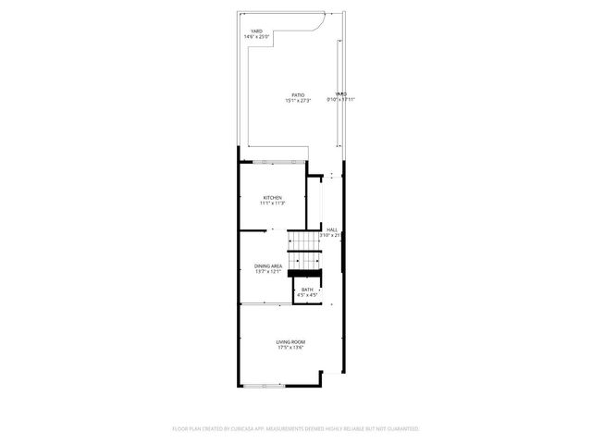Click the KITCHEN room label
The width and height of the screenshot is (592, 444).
click(x=272, y=197)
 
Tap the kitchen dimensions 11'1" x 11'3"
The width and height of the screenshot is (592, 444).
click(x=272, y=203)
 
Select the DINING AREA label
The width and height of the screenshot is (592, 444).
click(x=268, y=266)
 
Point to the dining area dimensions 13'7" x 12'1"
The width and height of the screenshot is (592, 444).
click(x=268, y=272)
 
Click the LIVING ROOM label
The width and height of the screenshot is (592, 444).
click(x=290, y=342)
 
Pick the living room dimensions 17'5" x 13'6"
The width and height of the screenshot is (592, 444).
click(x=290, y=348)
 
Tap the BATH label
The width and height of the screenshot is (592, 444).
click(x=307, y=290)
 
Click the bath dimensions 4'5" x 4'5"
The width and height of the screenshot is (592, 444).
click(x=307, y=295)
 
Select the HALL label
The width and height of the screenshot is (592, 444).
click(x=331, y=229)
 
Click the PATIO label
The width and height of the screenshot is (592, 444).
click(x=298, y=94)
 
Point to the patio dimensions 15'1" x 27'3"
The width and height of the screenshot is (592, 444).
click(x=298, y=100)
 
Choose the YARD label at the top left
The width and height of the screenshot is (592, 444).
click(x=256, y=31)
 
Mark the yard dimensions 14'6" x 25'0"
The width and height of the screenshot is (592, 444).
click(x=256, y=37)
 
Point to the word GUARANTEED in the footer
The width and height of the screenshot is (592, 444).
click(x=400, y=429)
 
